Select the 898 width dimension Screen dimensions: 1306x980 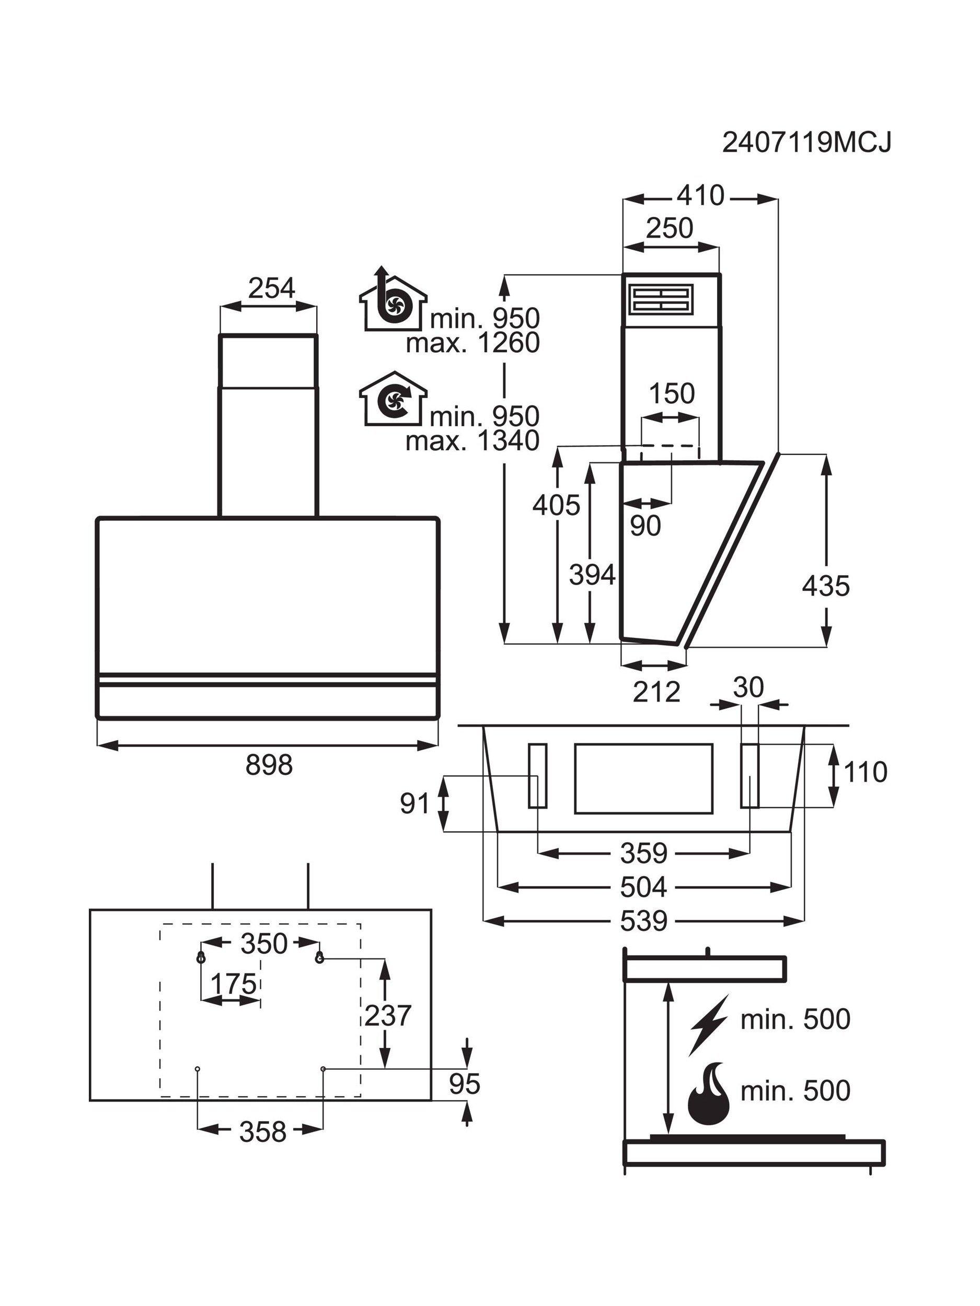269,766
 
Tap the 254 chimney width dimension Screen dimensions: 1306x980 271,289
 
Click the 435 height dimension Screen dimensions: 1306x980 826,586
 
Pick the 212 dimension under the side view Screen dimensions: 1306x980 656,691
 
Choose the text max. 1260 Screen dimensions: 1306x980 472,343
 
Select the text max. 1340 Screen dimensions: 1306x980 472,440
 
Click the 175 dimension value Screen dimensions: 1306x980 234,984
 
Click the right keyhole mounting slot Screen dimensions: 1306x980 319,957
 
